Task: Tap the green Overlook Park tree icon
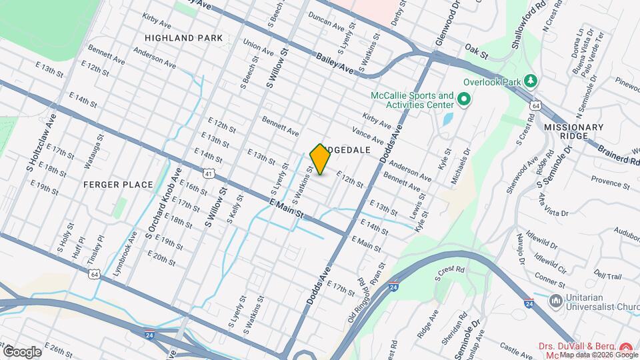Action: (531, 81)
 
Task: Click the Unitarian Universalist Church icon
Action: (556, 301)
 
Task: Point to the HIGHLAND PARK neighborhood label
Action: (183, 38)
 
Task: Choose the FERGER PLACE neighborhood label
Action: (119, 184)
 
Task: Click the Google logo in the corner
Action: (22, 351)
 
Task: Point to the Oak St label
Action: (473, 49)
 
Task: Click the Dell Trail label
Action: (607, 275)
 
